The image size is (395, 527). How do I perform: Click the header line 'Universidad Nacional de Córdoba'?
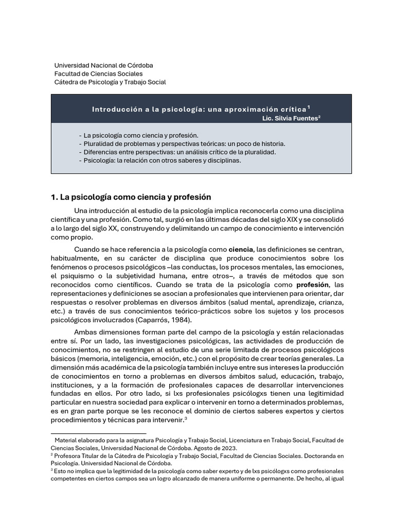(x=103, y=65)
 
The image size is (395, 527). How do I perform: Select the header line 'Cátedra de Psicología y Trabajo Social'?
(x=110, y=82)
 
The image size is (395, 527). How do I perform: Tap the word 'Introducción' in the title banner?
(x=116, y=109)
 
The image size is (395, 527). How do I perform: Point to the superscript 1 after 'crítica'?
(x=309, y=107)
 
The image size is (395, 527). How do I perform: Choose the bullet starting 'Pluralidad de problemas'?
(x=184, y=144)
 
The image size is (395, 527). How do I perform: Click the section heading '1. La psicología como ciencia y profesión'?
(x=131, y=197)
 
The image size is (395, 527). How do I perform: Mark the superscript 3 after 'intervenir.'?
(x=185, y=418)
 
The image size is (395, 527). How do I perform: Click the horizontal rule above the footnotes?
(x=98, y=433)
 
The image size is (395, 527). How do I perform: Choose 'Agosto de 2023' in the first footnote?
(x=209, y=448)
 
